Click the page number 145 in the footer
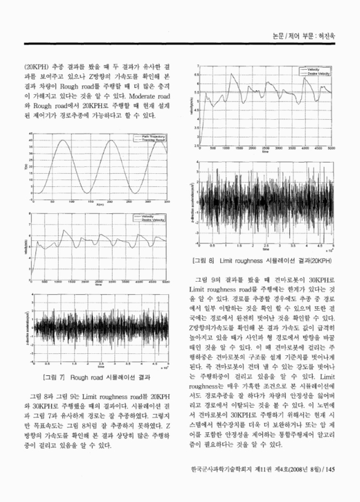(332, 485)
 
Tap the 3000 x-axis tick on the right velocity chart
(280, 148)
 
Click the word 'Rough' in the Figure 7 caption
(81, 377)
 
